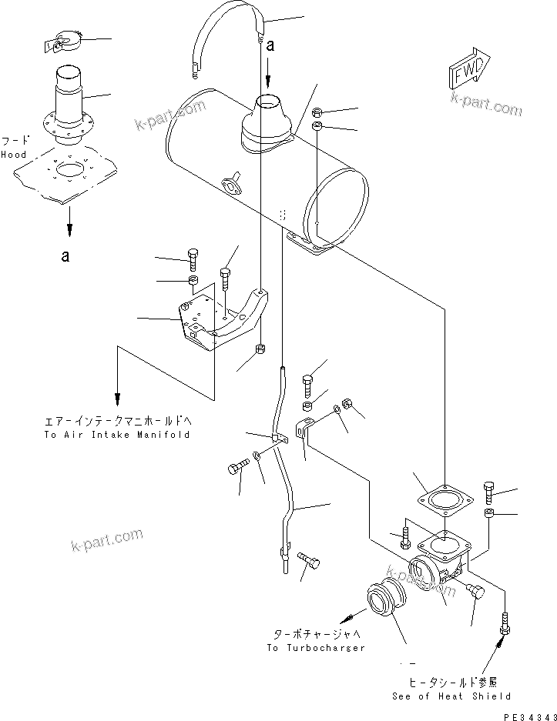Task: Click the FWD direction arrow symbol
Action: tap(467, 74)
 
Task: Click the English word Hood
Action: tap(13, 155)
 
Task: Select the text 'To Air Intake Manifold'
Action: tap(116, 435)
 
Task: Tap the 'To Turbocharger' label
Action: tap(316, 648)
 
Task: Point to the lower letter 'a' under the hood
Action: tap(65, 256)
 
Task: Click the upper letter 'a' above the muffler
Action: tap(270, 46)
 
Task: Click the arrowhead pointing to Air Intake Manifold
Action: tap(117, 399)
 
